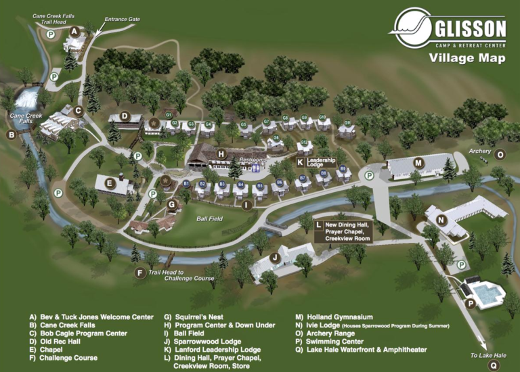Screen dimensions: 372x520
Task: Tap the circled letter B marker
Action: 11,135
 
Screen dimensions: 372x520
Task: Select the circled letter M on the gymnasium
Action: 418,162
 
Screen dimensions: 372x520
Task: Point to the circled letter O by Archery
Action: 500,154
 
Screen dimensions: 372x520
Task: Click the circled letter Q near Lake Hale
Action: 494,365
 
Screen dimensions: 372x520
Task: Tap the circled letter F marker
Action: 140,273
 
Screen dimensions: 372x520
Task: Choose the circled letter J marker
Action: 275,257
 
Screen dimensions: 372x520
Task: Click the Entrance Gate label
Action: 123,19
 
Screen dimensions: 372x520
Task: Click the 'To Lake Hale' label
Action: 488,355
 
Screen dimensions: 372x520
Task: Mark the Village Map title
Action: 467,58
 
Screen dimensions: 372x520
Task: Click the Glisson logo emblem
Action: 410,28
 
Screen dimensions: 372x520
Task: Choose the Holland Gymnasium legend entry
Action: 334,317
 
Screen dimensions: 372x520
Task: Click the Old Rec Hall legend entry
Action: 57,342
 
